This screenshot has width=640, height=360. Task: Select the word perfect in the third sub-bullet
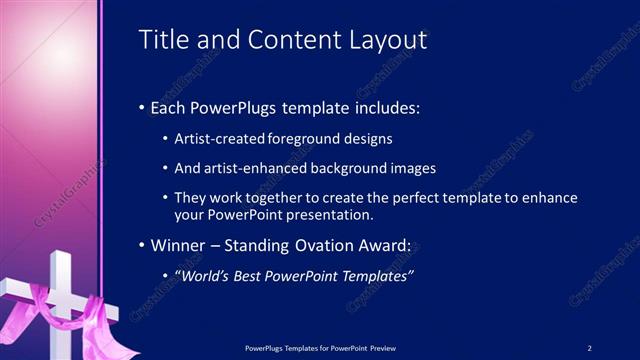coord(418,199)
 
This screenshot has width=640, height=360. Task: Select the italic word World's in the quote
coord(203,276)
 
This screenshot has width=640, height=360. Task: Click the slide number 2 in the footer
coord(590,347)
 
